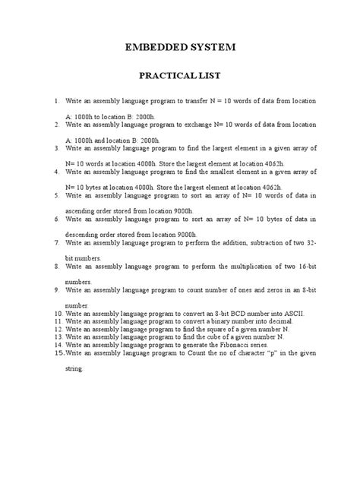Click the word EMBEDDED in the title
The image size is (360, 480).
click(x=155, y=47)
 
